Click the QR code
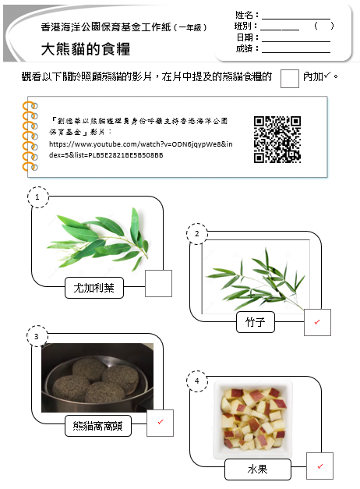point(277,140)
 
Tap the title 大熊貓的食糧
point(86,49)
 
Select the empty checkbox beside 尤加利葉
point(158,283)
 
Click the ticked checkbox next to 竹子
point(317,322)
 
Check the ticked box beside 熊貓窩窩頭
point(160,423)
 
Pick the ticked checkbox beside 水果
point(319,466)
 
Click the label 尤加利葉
point(94,288)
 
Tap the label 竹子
point(256,322)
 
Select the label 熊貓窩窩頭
point(98,426)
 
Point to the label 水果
point(258,470)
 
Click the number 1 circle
point(37,197)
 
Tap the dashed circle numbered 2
point(197,234)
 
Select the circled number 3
point(37,336)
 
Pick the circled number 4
point(197,381)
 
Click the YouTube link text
point(140,150)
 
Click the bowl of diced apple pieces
point(253,420)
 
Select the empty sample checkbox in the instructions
point(290,79)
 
